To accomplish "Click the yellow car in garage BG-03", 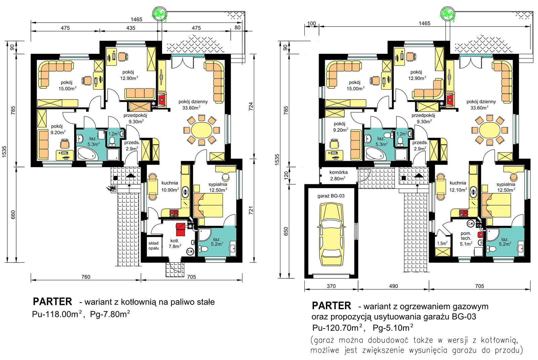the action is coord(332,234).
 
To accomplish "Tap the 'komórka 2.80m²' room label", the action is coord(338,175).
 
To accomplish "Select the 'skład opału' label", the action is coord(153,246).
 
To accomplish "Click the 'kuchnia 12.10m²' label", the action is coord(458,186).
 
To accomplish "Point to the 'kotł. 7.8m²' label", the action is coord(175,243).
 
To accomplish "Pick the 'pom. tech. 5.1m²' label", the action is coord(466,238).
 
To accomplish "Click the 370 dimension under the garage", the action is coord(331,286).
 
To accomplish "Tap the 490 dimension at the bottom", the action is coord(393,286).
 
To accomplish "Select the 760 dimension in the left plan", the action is coord(86,277).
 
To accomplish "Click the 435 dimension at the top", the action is coord(131,28).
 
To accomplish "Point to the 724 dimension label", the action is coord(251,107).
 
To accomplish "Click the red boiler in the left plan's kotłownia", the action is coord(181,229).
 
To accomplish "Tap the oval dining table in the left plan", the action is coord(201,130).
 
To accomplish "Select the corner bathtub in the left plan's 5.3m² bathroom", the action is coord(87,154).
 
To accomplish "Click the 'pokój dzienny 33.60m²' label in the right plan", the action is coord(481,105).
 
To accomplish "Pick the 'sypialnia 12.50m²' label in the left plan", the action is coord(218,187).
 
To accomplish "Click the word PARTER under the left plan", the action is coord(52,302).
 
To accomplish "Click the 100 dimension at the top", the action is coord(311,24).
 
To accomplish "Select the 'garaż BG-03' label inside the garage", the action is coord(331,196).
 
